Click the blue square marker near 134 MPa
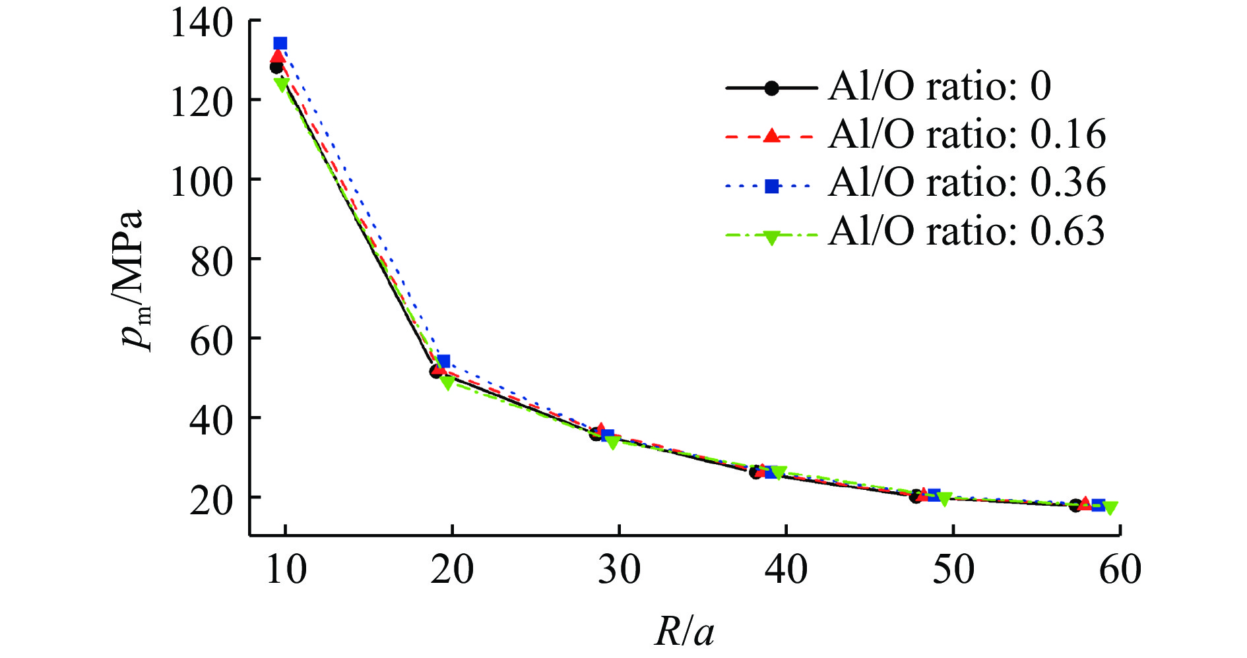pos(280,44)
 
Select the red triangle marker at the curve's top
pos(278,57)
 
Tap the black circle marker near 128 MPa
pos(276,67)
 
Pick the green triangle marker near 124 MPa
pos(282,84)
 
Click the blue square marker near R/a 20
pos(443,361)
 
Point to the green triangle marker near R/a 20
pos(447,382)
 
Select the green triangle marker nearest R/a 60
pos(1110,508)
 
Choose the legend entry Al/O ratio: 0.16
pos(967,135)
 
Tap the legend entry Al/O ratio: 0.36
pos(967,183)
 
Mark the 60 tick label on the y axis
pos(211,339)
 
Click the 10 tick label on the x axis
pos(286,570)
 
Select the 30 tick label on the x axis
pos(619,570)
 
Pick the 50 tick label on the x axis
pos(953,570)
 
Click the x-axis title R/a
pos(684,632)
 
